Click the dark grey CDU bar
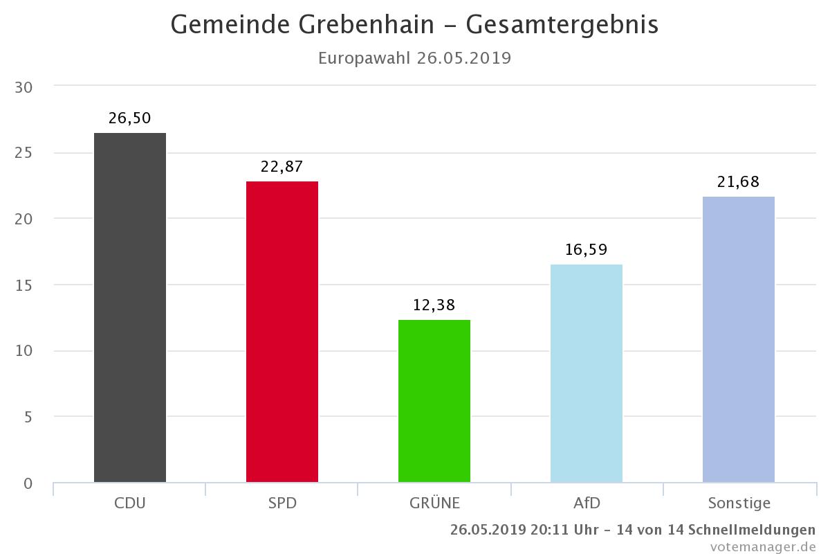tap(130, 307)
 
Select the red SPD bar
tap(282, 332)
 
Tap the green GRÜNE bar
tap(434, 401)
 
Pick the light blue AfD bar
tap(587, 373)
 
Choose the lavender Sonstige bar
tap(739, 339)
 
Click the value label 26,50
tap(130, 118)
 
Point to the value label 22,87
tap(282, 167)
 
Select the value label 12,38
tap(434, 305)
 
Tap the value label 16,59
tap(587, 250)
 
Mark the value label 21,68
tap(739, 182)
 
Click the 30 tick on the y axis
tap(24, 87)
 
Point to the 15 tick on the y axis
tap(24, 285)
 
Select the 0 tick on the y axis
tap(28, 483)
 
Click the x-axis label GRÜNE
tap(434, 503)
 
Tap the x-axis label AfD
tap(587, 503)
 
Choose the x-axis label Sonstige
tap(739, 503)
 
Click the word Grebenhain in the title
tap(366, 24)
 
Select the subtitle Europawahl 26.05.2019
tap(414, 58)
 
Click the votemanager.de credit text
tap(763, 546)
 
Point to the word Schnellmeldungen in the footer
tap(752, 530)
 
